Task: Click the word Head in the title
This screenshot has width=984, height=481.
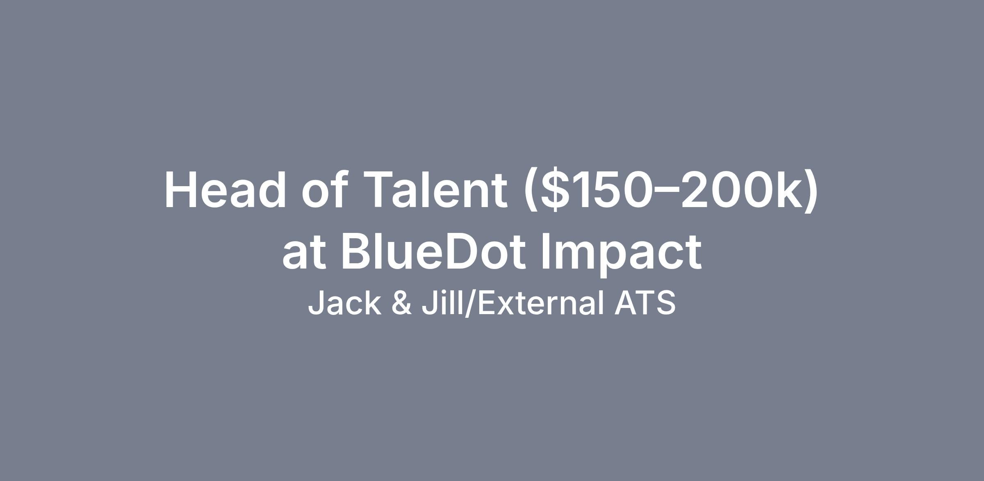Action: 225,190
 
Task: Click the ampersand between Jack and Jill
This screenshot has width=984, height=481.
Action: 401,303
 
